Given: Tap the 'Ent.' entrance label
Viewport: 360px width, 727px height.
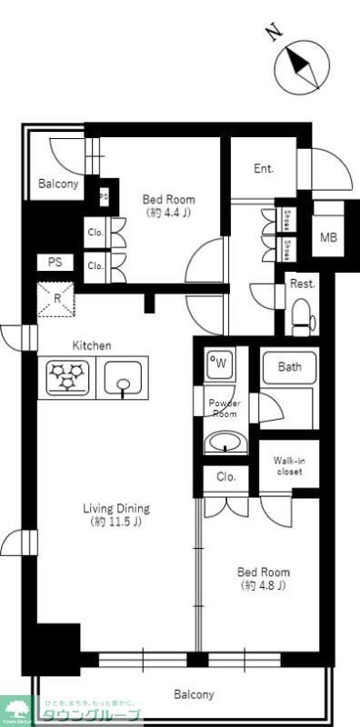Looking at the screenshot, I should (263, 168).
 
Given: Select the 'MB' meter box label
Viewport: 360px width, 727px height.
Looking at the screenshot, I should (327, 239).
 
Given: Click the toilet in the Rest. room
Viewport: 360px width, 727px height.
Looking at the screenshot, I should (302, 318).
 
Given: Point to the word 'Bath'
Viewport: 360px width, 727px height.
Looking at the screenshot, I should (289, 367).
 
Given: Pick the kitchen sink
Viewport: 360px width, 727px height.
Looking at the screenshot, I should (121, 378).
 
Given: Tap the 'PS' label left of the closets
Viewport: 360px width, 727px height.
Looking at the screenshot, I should (55, 262).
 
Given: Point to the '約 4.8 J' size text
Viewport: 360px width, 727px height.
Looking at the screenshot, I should (264, 585).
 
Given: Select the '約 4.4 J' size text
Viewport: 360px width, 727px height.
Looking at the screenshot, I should (169, 213).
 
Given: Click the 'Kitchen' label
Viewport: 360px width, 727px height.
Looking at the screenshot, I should (92, 345).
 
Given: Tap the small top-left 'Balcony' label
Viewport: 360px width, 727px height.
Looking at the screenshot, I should (58, 184).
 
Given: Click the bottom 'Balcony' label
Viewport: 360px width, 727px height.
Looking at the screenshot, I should (194, 694).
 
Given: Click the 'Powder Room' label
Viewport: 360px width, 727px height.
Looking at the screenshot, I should (223, 408).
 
